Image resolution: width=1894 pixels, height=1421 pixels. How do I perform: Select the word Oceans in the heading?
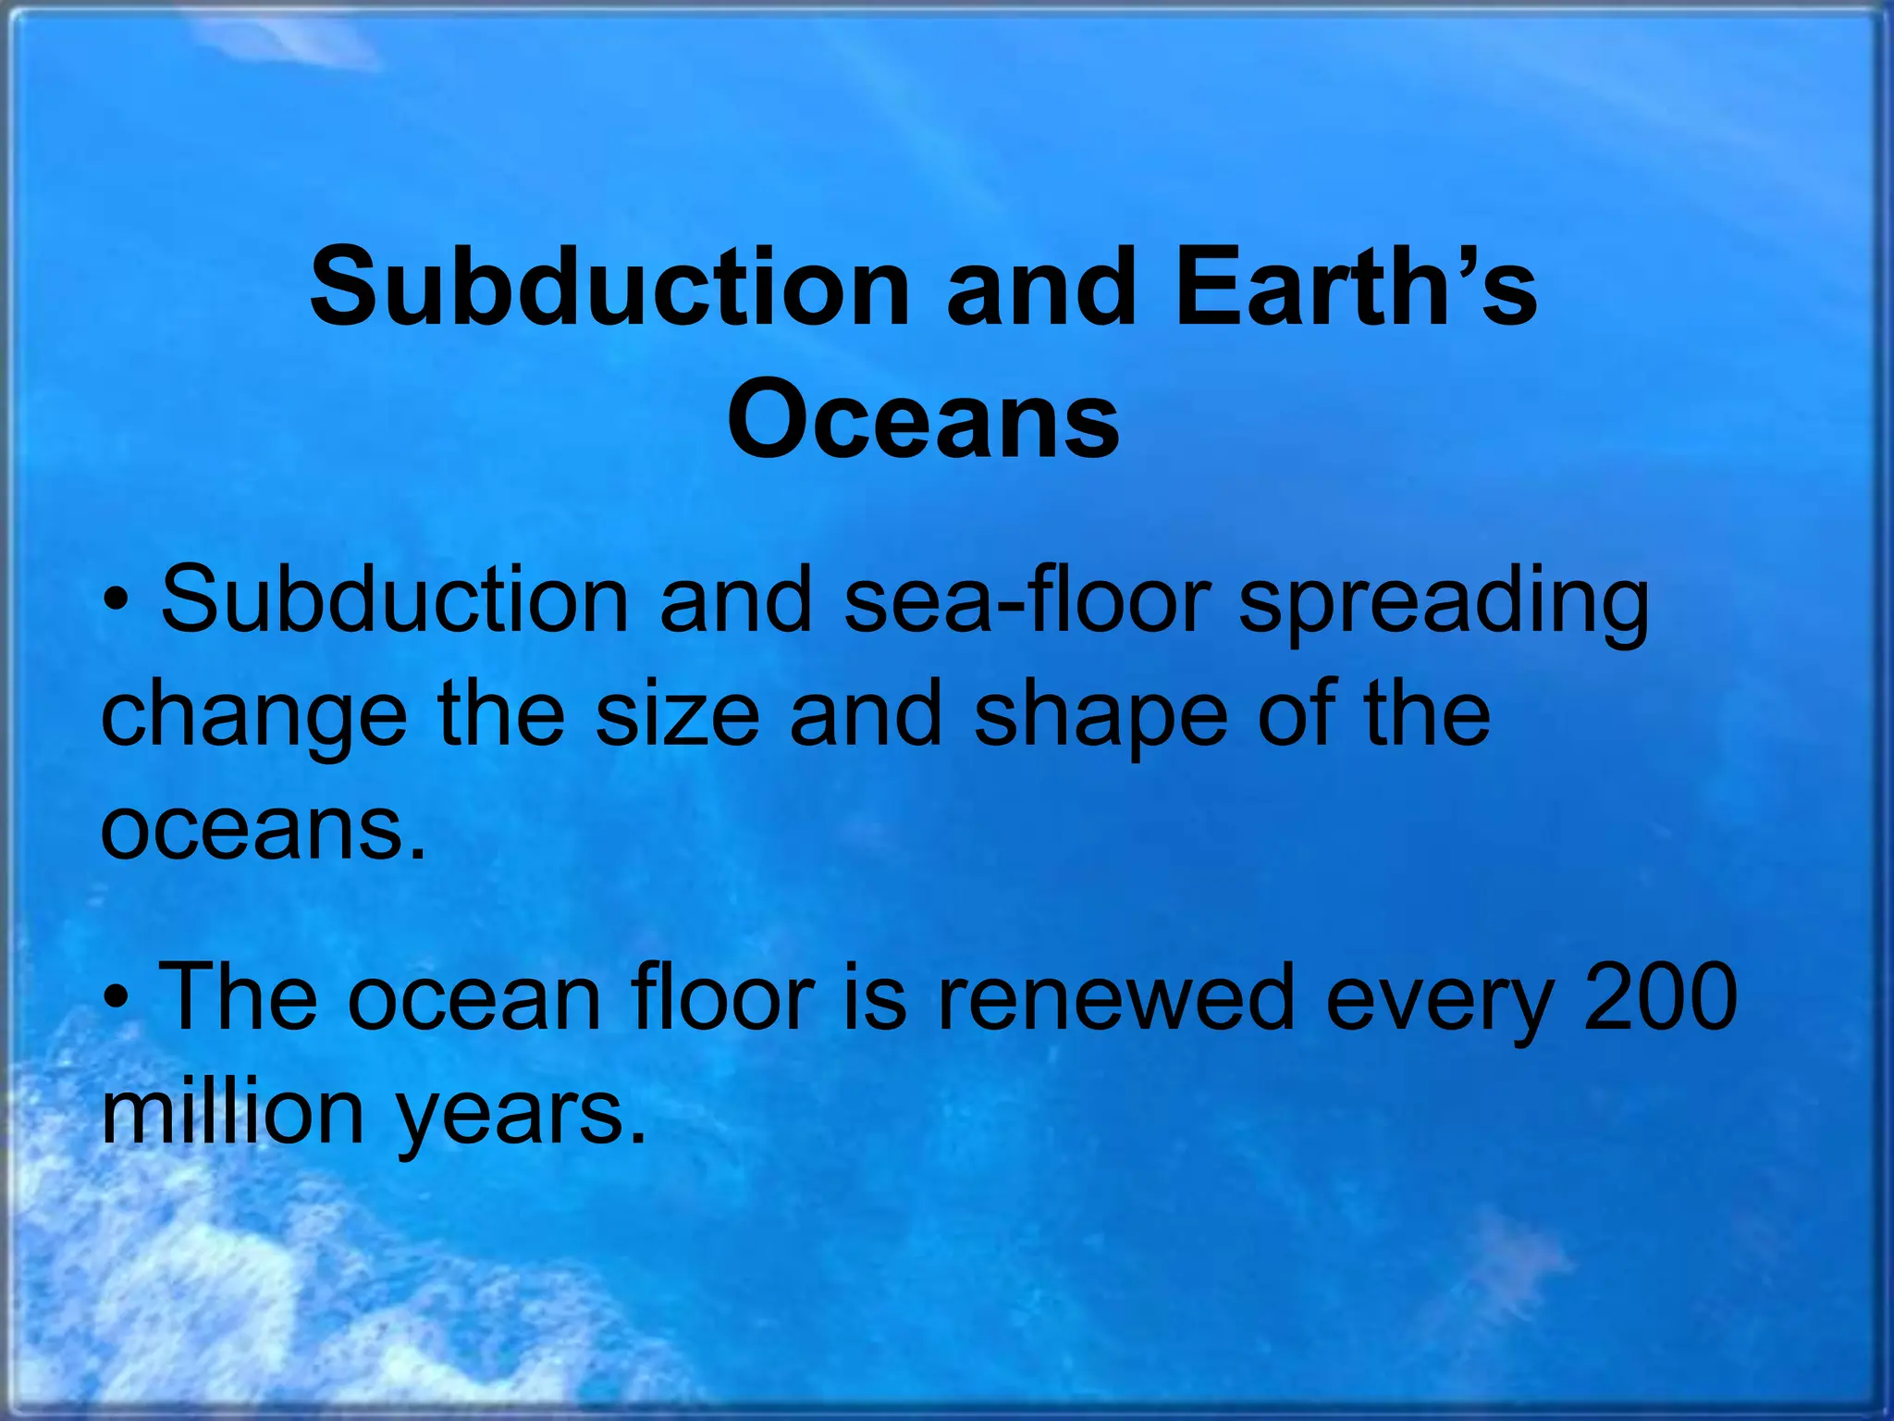pyautogui.click(x=923, y=421)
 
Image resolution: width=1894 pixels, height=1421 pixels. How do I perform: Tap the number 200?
pyautogui.click(x=1661, y=997)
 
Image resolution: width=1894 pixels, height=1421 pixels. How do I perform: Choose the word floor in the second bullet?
pyautogui.click(x=722, y=997)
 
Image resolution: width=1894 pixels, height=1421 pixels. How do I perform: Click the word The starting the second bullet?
pyautogui.click(x=238, y=997)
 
